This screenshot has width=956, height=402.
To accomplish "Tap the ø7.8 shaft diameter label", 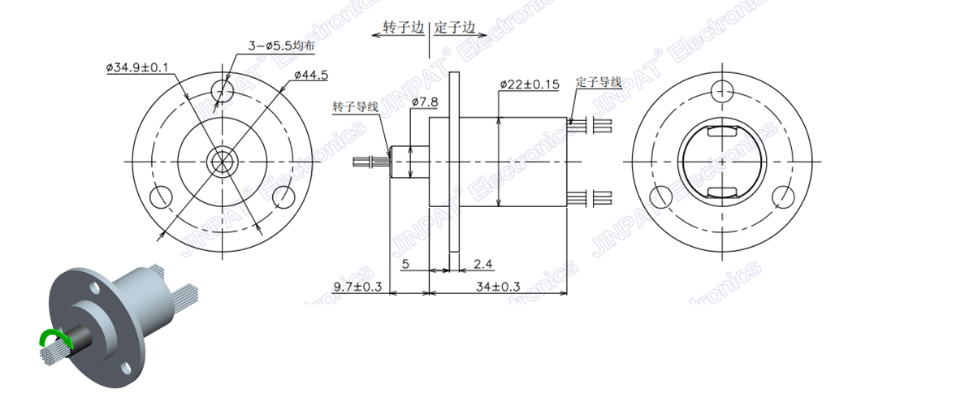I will tap(425, 102).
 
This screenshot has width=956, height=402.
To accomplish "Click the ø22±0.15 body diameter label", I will tap(529, 84).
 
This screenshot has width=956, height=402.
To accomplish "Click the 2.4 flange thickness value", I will tap(483, 264).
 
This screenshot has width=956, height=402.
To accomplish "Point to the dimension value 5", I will tap(405, 264).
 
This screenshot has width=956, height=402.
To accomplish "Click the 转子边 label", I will tap(404, 28).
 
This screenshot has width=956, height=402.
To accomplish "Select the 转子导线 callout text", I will tap(355, 107).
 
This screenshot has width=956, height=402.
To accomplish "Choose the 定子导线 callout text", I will tap(598, 82).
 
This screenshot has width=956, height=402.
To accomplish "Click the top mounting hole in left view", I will tap(221, 88).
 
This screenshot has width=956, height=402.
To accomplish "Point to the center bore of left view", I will tap(221, 161).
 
